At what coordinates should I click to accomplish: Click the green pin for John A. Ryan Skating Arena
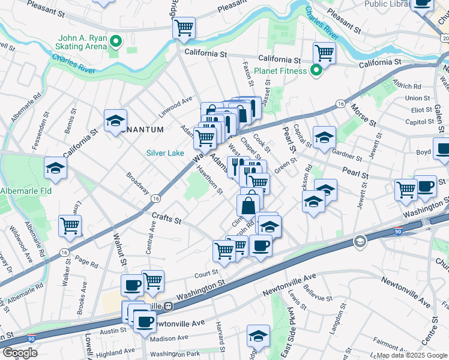click(118, 42)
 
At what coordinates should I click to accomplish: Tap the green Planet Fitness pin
click(317, 71)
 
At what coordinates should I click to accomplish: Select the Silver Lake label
click(165, 153)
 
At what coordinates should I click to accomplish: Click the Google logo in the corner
click(19, 352)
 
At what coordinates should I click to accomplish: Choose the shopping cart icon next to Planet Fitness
click(324, 53)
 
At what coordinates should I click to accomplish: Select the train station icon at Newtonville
click(169, 306)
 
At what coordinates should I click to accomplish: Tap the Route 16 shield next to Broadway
click(156, 198)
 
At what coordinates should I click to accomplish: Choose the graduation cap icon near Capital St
click(324, 137)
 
